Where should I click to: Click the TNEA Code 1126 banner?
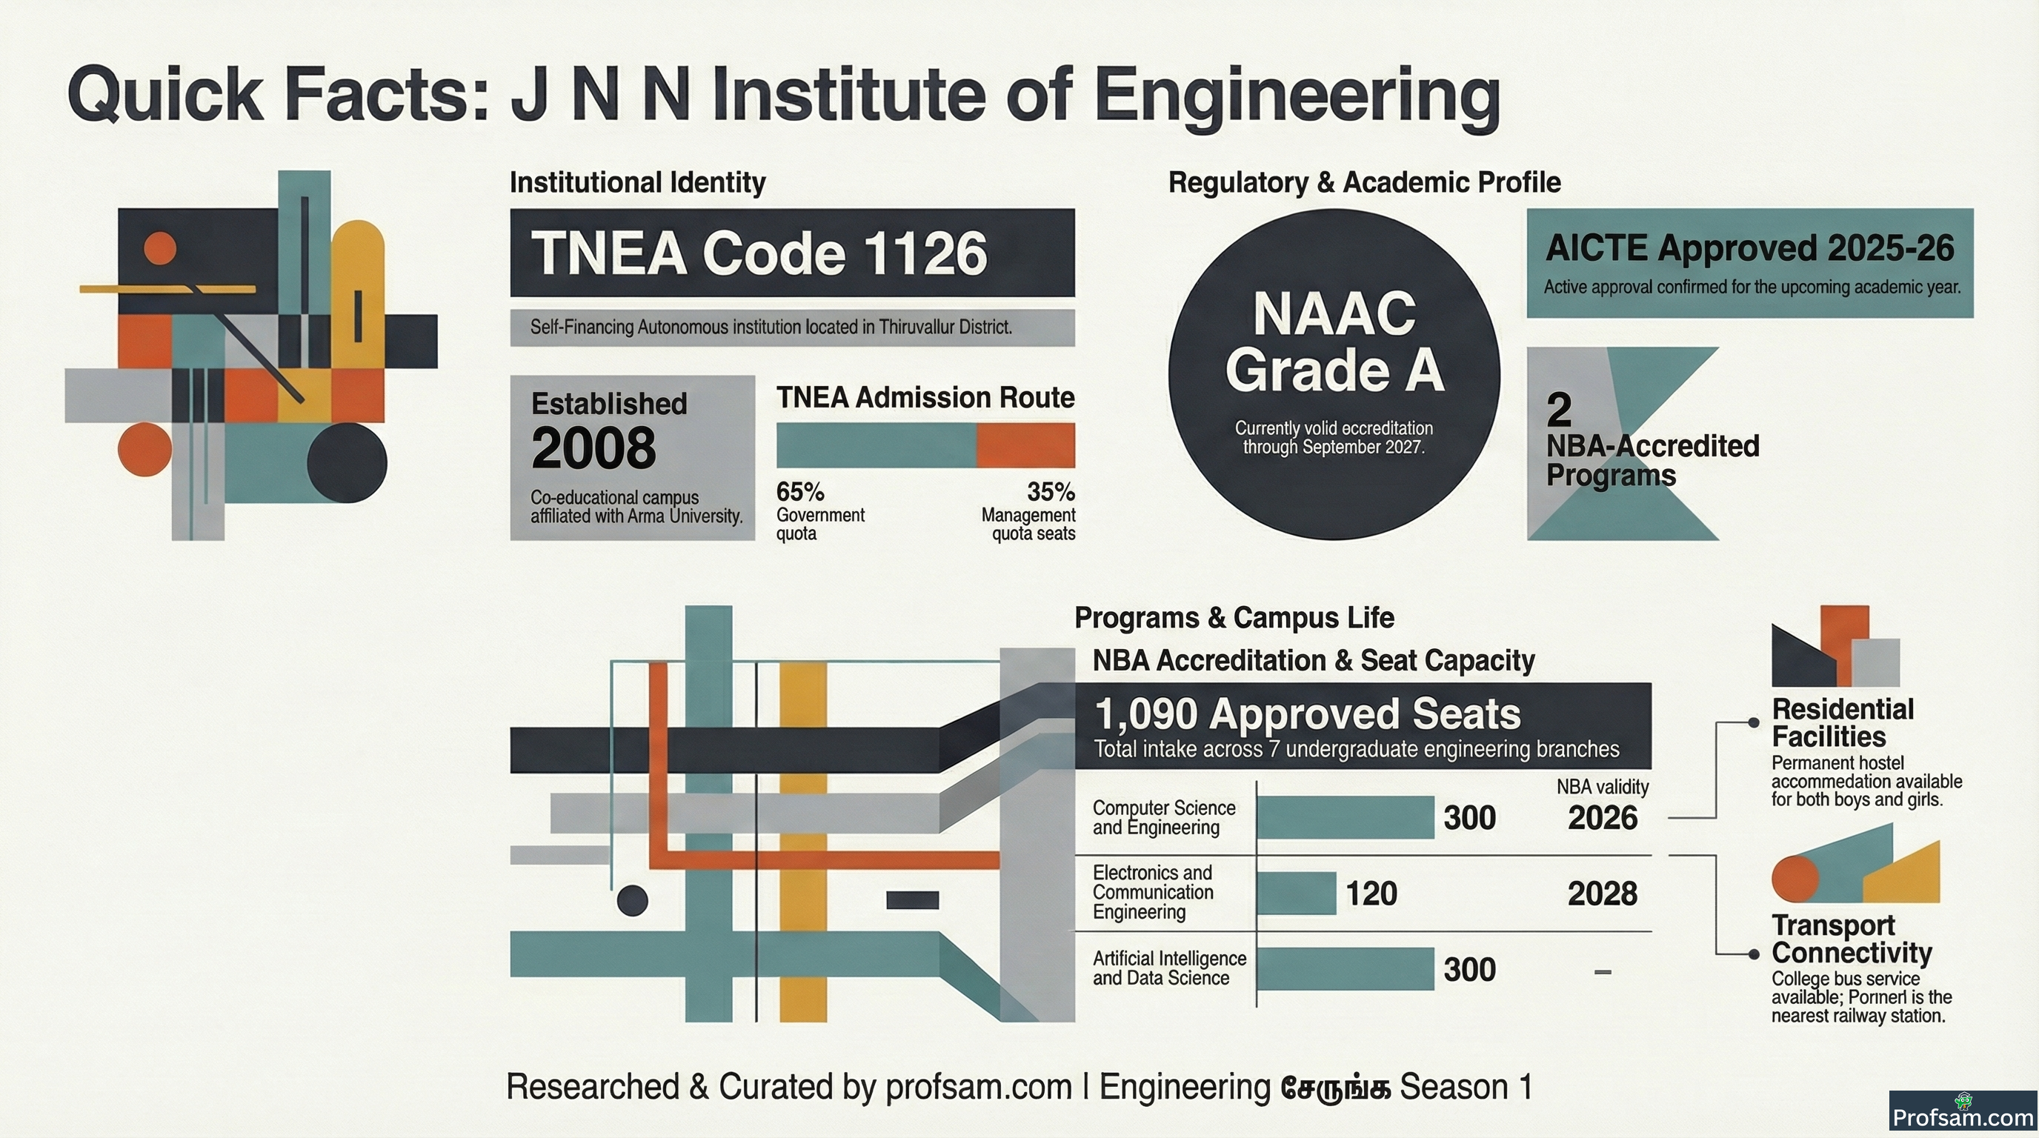792,253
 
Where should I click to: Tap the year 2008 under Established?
593,448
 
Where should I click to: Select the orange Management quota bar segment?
1025,445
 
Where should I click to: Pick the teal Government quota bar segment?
877,445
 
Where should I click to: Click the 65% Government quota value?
800,492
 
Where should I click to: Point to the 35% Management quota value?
1051,492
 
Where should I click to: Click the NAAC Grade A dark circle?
1334,374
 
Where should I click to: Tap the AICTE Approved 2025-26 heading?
1750,248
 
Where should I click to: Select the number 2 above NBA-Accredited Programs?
1560,410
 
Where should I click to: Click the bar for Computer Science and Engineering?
1345,817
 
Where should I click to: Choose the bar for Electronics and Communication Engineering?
1297,894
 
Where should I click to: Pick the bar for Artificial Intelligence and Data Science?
1345,968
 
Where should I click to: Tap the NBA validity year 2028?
1603,894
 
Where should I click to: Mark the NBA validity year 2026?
1603,818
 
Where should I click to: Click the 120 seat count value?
1371,894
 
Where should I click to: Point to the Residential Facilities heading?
1843,722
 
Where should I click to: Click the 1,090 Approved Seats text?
1308,713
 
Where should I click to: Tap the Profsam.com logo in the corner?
1963,1114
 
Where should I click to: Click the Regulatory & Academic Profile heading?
1365,183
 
